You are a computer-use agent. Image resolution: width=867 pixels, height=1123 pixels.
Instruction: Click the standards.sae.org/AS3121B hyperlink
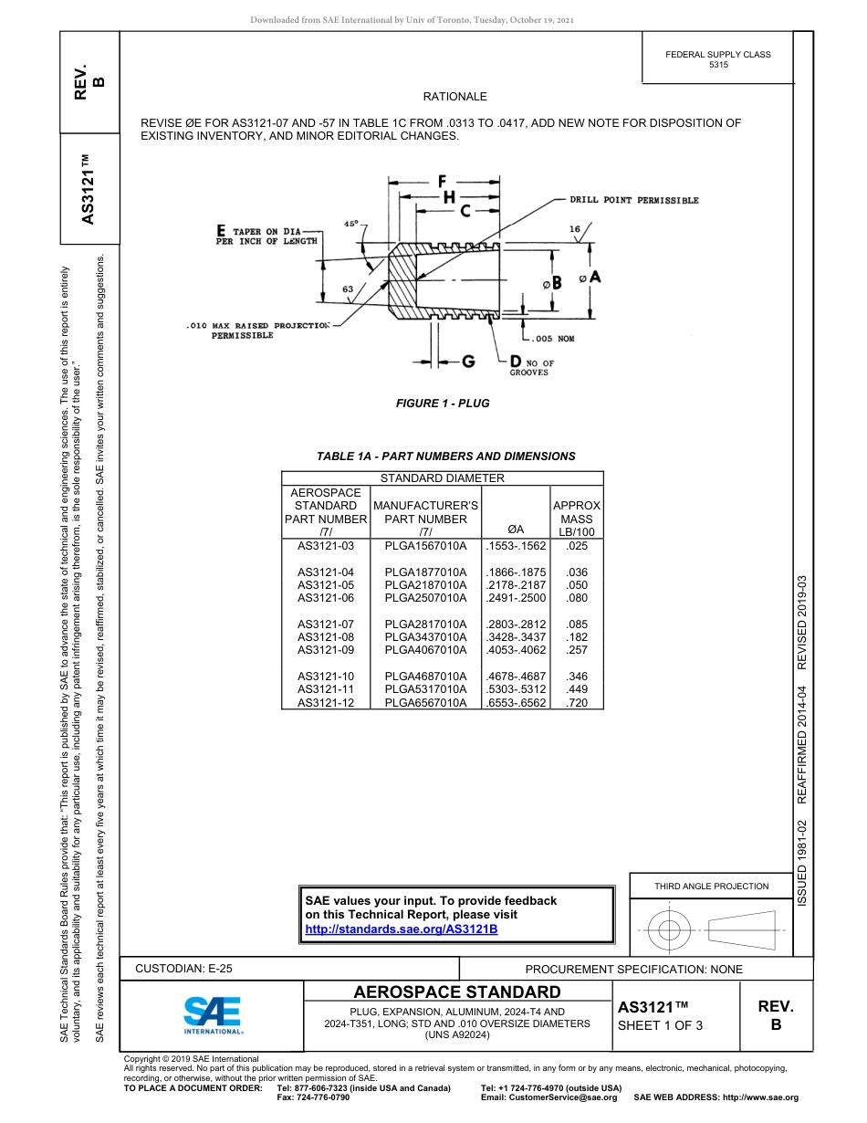(x=401, y=929)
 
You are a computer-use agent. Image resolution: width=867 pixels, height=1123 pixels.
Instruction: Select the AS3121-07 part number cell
(x=326, y=624)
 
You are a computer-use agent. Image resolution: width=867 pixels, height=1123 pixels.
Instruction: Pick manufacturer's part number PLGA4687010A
(x=425, y=677)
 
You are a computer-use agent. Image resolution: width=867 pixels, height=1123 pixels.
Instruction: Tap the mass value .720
(x=577, y=703)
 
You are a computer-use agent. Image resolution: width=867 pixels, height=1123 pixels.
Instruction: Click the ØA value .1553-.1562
(x=517, y=546)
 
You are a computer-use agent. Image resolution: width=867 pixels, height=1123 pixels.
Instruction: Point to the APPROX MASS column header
(x=577, y=519)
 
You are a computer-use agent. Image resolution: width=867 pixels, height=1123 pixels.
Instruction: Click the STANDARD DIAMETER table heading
(x=442, y=478)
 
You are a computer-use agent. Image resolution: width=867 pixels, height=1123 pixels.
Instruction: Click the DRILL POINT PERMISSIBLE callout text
(x=634, y=200)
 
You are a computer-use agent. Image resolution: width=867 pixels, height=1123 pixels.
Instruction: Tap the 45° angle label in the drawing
(x=351, y=223)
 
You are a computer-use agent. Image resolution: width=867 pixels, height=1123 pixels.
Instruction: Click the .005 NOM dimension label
(x=552, y=339)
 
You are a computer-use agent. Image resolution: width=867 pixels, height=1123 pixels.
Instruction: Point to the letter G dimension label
(x=467, y=362)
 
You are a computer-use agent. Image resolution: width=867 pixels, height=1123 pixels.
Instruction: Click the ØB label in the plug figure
(x=552, y=284)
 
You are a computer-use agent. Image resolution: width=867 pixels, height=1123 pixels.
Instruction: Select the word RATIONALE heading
(x=454, y=97)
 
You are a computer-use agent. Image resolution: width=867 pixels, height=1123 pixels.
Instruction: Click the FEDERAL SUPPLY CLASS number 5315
(x=718, y=66)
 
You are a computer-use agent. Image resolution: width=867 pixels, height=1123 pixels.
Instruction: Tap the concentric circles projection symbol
(x=670, y=931)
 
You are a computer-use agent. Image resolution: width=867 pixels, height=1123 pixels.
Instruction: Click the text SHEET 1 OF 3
(x=661, y=1025)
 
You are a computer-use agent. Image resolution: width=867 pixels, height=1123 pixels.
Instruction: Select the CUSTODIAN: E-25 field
(x=183, y=969)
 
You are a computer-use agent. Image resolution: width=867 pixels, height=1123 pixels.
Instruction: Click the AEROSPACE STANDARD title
(x=457, y=992)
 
